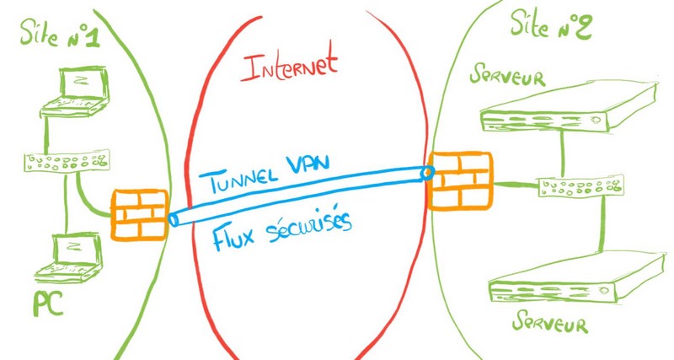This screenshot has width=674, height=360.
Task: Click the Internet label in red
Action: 289,66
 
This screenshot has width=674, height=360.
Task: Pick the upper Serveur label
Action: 509,78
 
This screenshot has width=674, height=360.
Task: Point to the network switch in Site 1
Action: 64,163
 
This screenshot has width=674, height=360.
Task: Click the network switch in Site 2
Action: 581,186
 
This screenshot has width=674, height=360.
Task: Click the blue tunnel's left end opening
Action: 173,219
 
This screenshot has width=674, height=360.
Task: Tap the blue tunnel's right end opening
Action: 427,173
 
